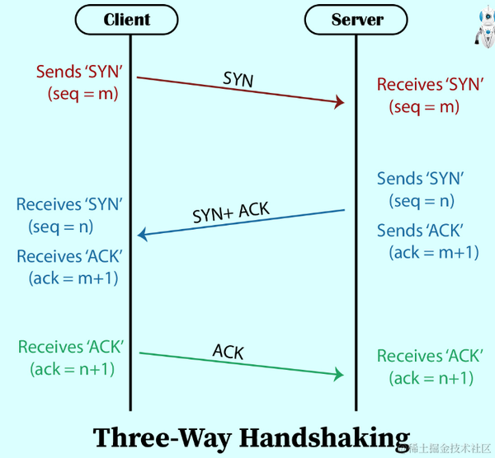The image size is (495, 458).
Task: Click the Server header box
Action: click(357, 19)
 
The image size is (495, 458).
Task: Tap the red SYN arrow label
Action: click(238, 79)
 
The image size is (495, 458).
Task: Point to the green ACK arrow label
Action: click(229, 352)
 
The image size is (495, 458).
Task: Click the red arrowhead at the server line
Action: click(337, 102)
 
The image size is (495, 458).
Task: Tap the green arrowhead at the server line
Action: click(337, 375)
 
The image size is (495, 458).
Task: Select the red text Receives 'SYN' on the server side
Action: click(427, 84)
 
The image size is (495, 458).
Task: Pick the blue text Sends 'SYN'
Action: click(420, 179)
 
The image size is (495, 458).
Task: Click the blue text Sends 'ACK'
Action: click(420, 231)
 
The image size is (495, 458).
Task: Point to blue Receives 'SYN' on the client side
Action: click(74, 203)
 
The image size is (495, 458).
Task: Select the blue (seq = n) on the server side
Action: click(422, 201)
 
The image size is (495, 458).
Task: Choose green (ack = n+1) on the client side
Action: click(72, 369)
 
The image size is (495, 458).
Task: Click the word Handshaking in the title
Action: click(324, 437)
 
